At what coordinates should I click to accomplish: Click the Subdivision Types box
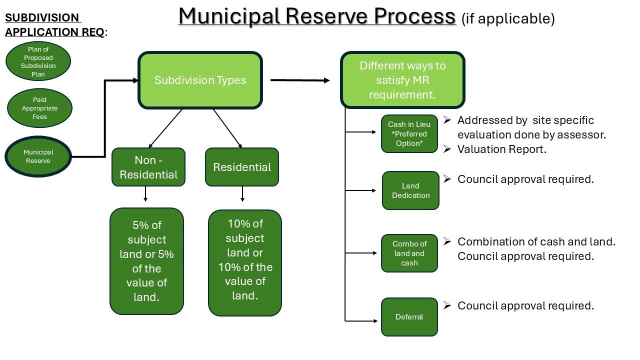(200, 80)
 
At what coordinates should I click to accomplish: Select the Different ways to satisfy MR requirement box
(402, 80)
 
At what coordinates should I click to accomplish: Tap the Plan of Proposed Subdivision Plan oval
(38, 61)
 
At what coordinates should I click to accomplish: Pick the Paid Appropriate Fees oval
(39, 108)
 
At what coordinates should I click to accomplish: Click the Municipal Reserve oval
(38, 156)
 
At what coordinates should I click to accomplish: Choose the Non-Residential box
(148, 167)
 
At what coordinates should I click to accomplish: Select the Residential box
(242, 167)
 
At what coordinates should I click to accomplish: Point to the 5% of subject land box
(146, 261)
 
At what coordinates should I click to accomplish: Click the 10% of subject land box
(245, 262)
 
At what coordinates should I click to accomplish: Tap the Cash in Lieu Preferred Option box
(409, 134)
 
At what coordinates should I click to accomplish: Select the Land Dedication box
(410, 190)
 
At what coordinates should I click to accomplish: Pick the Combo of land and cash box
(409, 253)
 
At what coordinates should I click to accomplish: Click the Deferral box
(409, 317)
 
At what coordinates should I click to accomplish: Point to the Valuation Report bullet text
(501, 149)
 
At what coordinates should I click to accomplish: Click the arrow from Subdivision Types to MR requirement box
(300, 80)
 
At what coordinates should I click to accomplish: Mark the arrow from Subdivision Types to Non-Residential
(165, 128)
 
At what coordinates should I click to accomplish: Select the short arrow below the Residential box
(242, 194)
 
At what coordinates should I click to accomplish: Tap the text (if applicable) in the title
(507, 19)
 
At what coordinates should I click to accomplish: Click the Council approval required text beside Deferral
(525, 305)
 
